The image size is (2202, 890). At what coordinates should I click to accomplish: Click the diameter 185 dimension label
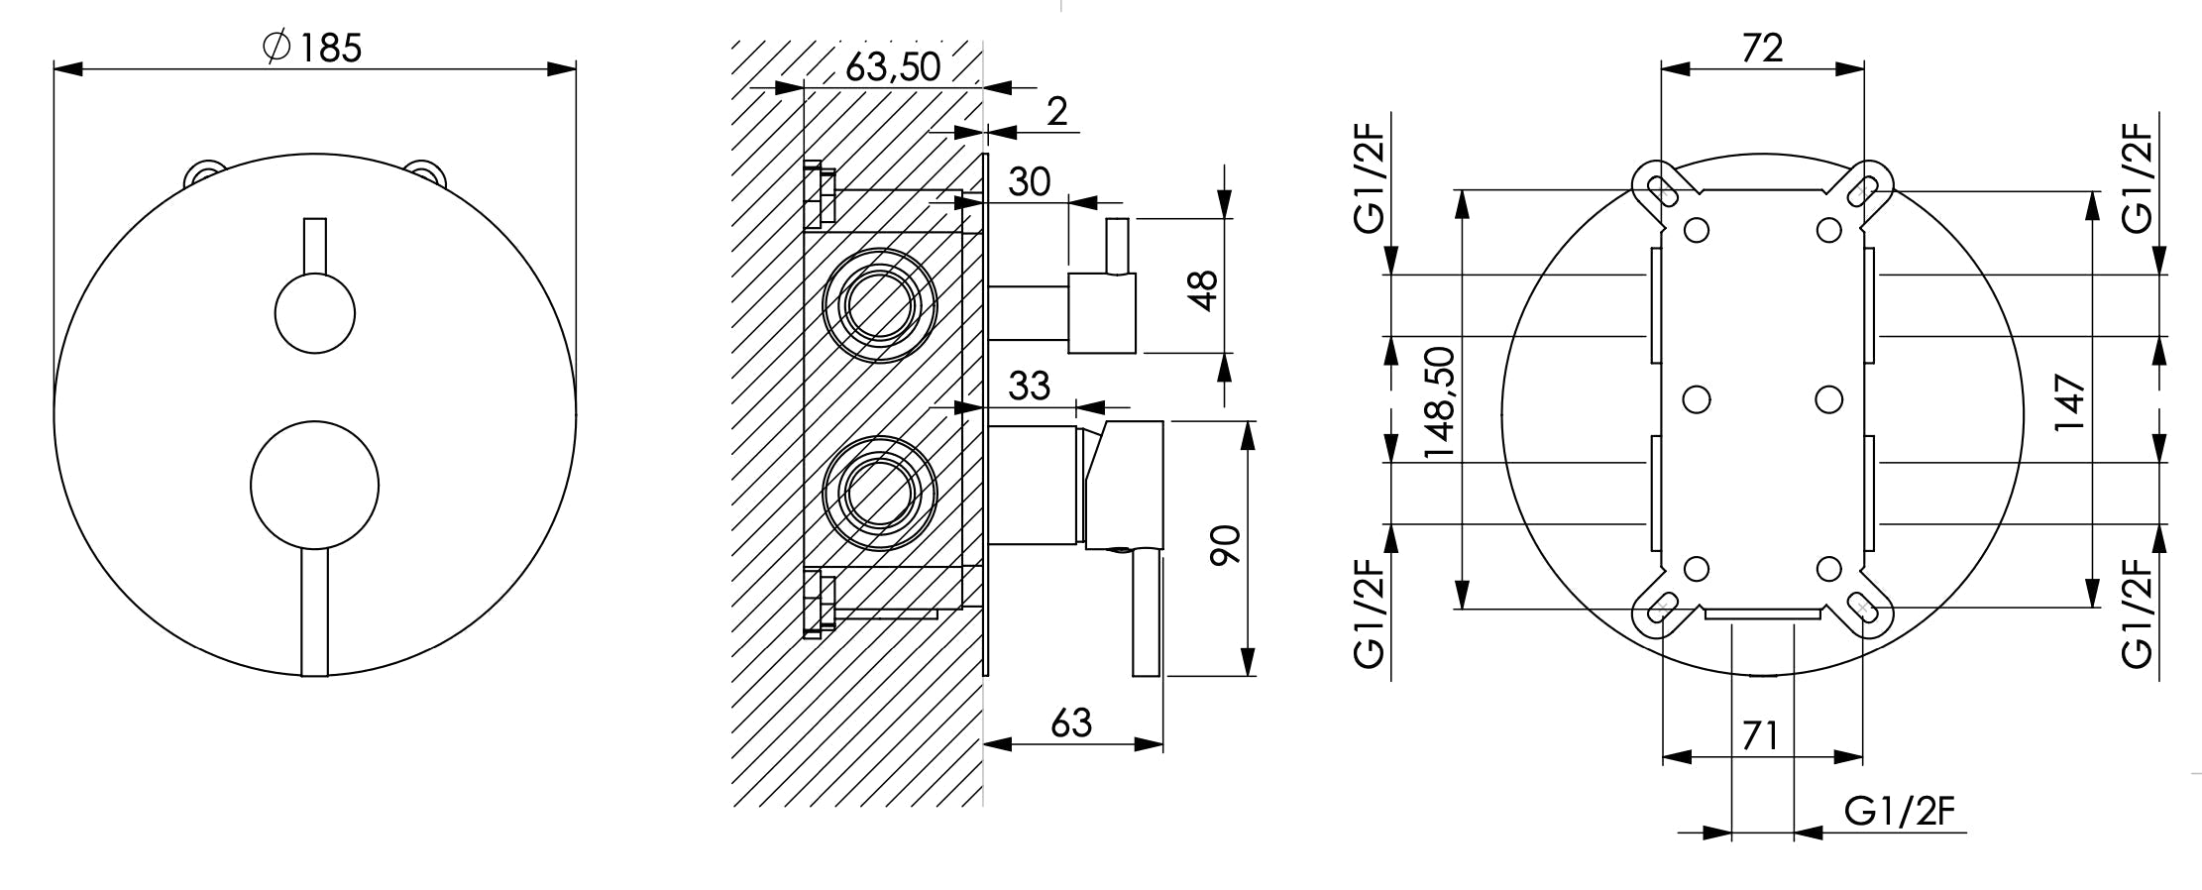(315, 47)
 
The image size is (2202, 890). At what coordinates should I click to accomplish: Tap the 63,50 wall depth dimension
(892, 66)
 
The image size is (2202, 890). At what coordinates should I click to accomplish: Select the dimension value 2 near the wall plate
(1057, 112)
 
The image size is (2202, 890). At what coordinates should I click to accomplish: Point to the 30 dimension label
(1029, 182)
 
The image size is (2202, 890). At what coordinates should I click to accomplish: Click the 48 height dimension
(1202, 290)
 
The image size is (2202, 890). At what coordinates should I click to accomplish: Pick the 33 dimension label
(1029, 386)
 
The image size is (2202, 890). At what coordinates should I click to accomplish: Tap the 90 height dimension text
(1225, 546)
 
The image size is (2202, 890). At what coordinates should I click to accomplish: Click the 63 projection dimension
(1070, 723)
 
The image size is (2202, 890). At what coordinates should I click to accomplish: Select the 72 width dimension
(1762, 48)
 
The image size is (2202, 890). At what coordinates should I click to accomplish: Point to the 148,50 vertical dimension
(1440, 401)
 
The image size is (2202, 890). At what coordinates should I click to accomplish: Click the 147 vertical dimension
(2069, 401)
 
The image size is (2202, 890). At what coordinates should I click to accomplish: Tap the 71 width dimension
(1760, 736)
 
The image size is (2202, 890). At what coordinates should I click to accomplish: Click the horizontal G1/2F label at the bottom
(1900, 813)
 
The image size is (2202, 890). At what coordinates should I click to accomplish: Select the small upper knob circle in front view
(314, 313)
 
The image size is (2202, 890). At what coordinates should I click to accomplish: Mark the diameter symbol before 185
(276, 47)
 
